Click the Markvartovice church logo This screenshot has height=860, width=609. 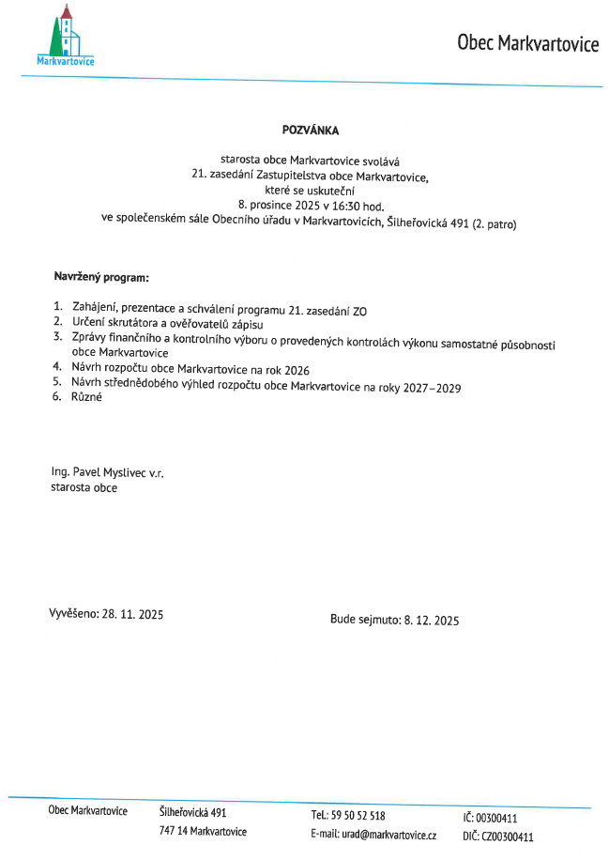tap(66, 36)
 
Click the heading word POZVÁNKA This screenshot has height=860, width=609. tap(310, 131)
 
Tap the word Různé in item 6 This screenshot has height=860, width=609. tap(87, 397)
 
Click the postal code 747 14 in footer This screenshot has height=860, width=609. tap(175, 832)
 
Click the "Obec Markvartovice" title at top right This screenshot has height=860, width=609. tap(527, 43)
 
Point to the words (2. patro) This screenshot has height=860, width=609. tap(494, 223)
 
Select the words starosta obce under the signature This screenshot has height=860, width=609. tap(84, 488)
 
